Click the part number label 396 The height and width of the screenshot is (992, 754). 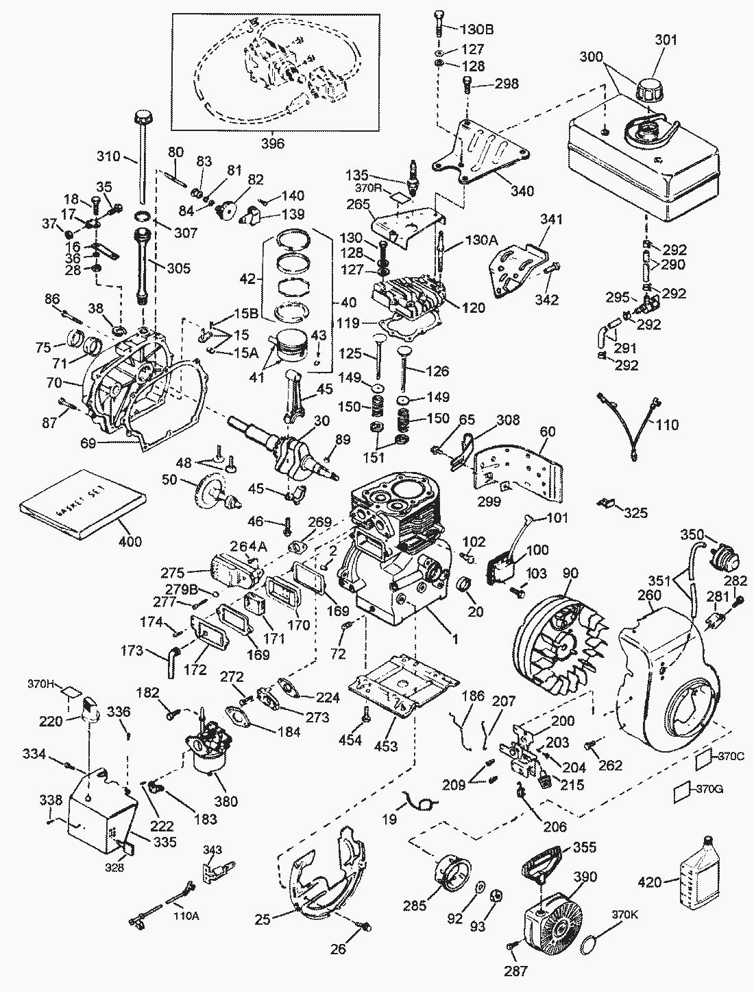point(273,143)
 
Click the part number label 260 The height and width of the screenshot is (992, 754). point(648,595)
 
